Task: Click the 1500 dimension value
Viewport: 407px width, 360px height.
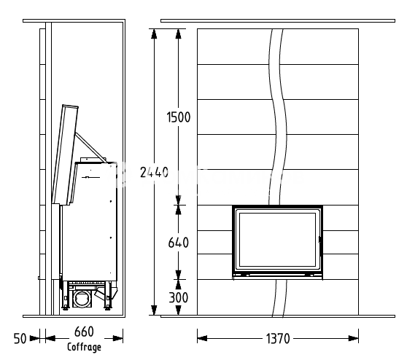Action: tap(178, 117)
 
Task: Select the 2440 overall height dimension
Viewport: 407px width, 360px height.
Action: tap(154, 172)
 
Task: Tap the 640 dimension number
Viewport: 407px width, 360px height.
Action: tap(178, 243)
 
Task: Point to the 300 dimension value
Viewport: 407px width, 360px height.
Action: tap(178, 297)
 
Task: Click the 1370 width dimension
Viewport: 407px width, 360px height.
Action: tap(278, 338)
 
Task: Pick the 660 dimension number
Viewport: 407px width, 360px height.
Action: tap(84, 332)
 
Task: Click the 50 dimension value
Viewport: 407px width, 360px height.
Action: tap(20, 338)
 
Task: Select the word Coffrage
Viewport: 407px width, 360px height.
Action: tap(84, 347)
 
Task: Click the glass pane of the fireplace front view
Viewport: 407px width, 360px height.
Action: tap(277, 240)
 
